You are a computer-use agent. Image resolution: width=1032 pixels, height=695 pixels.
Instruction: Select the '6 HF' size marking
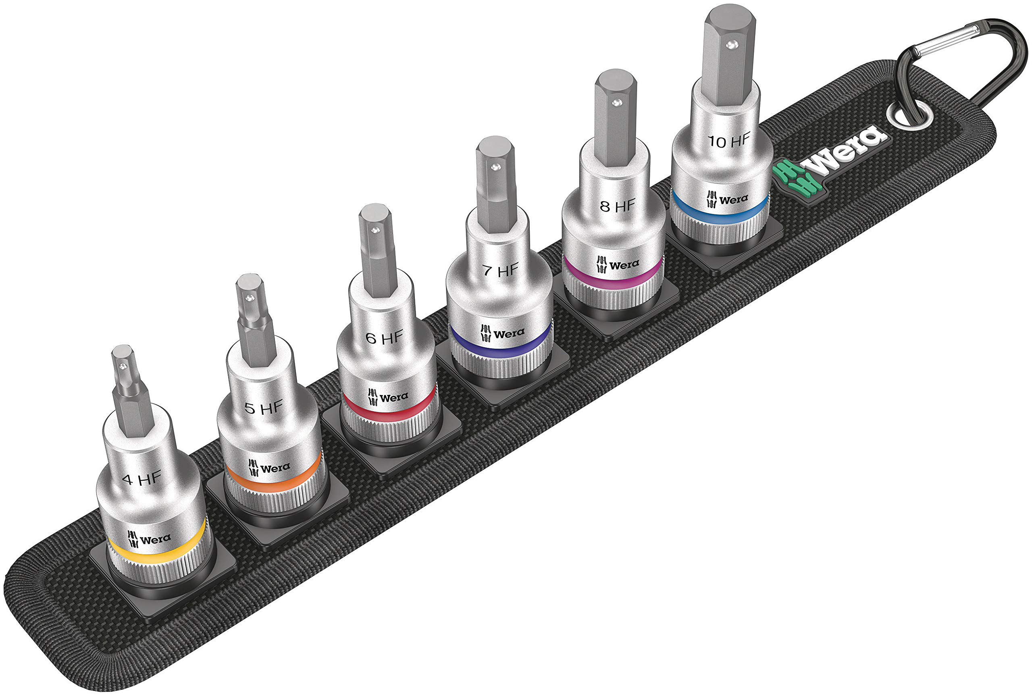coord(384,338)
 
